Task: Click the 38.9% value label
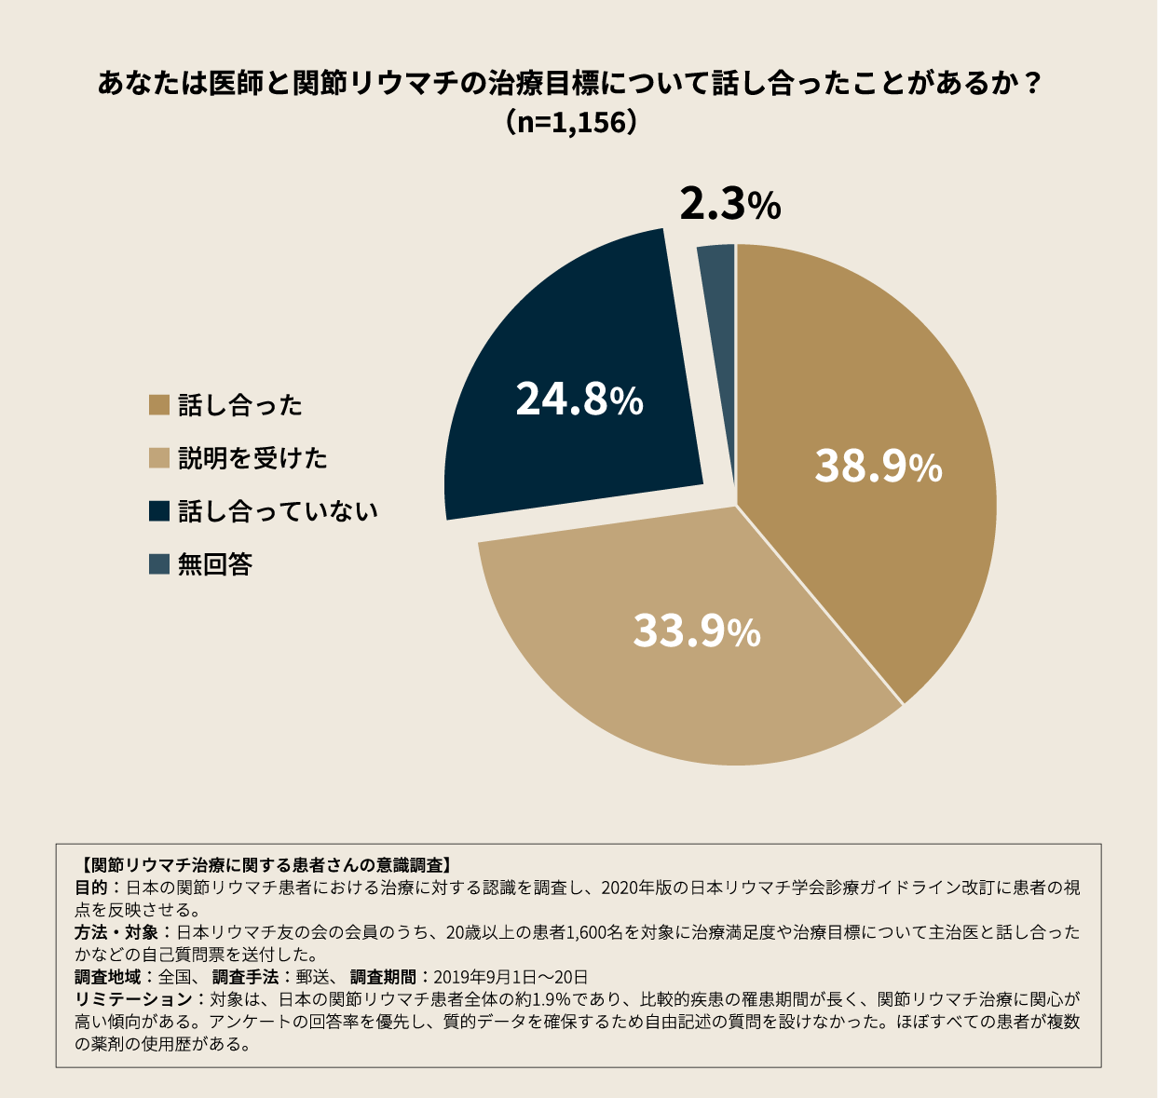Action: tap(879, 467)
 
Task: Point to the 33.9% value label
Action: tap(697, 631)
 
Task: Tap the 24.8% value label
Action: tap(579, 400)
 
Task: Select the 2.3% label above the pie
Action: tap(729, 205)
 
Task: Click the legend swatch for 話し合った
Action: tap(159, 405)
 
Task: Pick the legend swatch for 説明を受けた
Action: tap(159, 458)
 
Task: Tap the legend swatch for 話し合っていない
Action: tap(159, 511)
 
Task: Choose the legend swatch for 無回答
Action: tap(159, 564)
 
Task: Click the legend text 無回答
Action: tap(215, 564)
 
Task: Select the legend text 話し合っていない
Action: tap(278, 511)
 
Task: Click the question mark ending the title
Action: tap(1030, 84)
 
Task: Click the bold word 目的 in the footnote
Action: tap(91, 888)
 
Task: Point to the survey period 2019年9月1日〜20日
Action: tap(511, 977)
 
